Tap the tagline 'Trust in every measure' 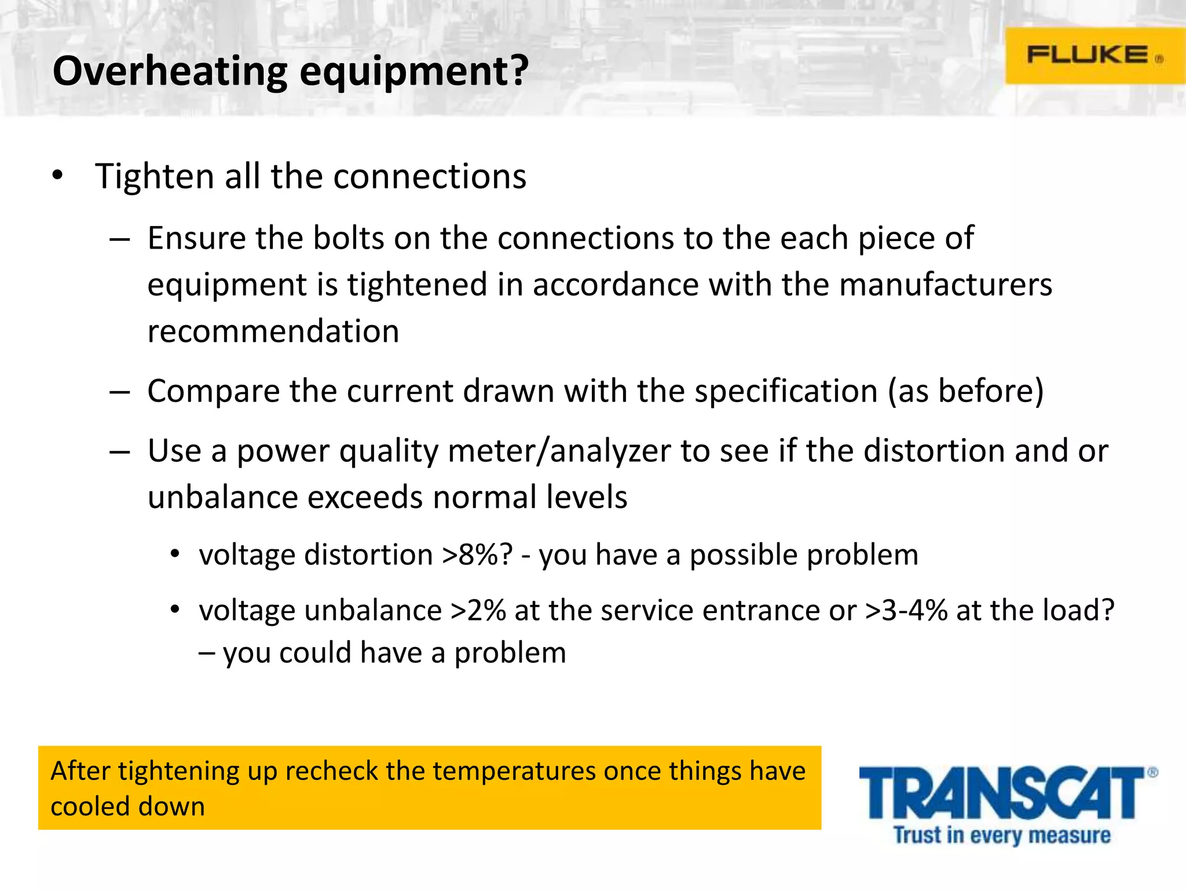(1002, 836)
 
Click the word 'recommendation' (273, 331)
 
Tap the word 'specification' (786, 391)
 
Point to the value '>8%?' (477, 555)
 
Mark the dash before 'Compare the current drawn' (119, 392)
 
